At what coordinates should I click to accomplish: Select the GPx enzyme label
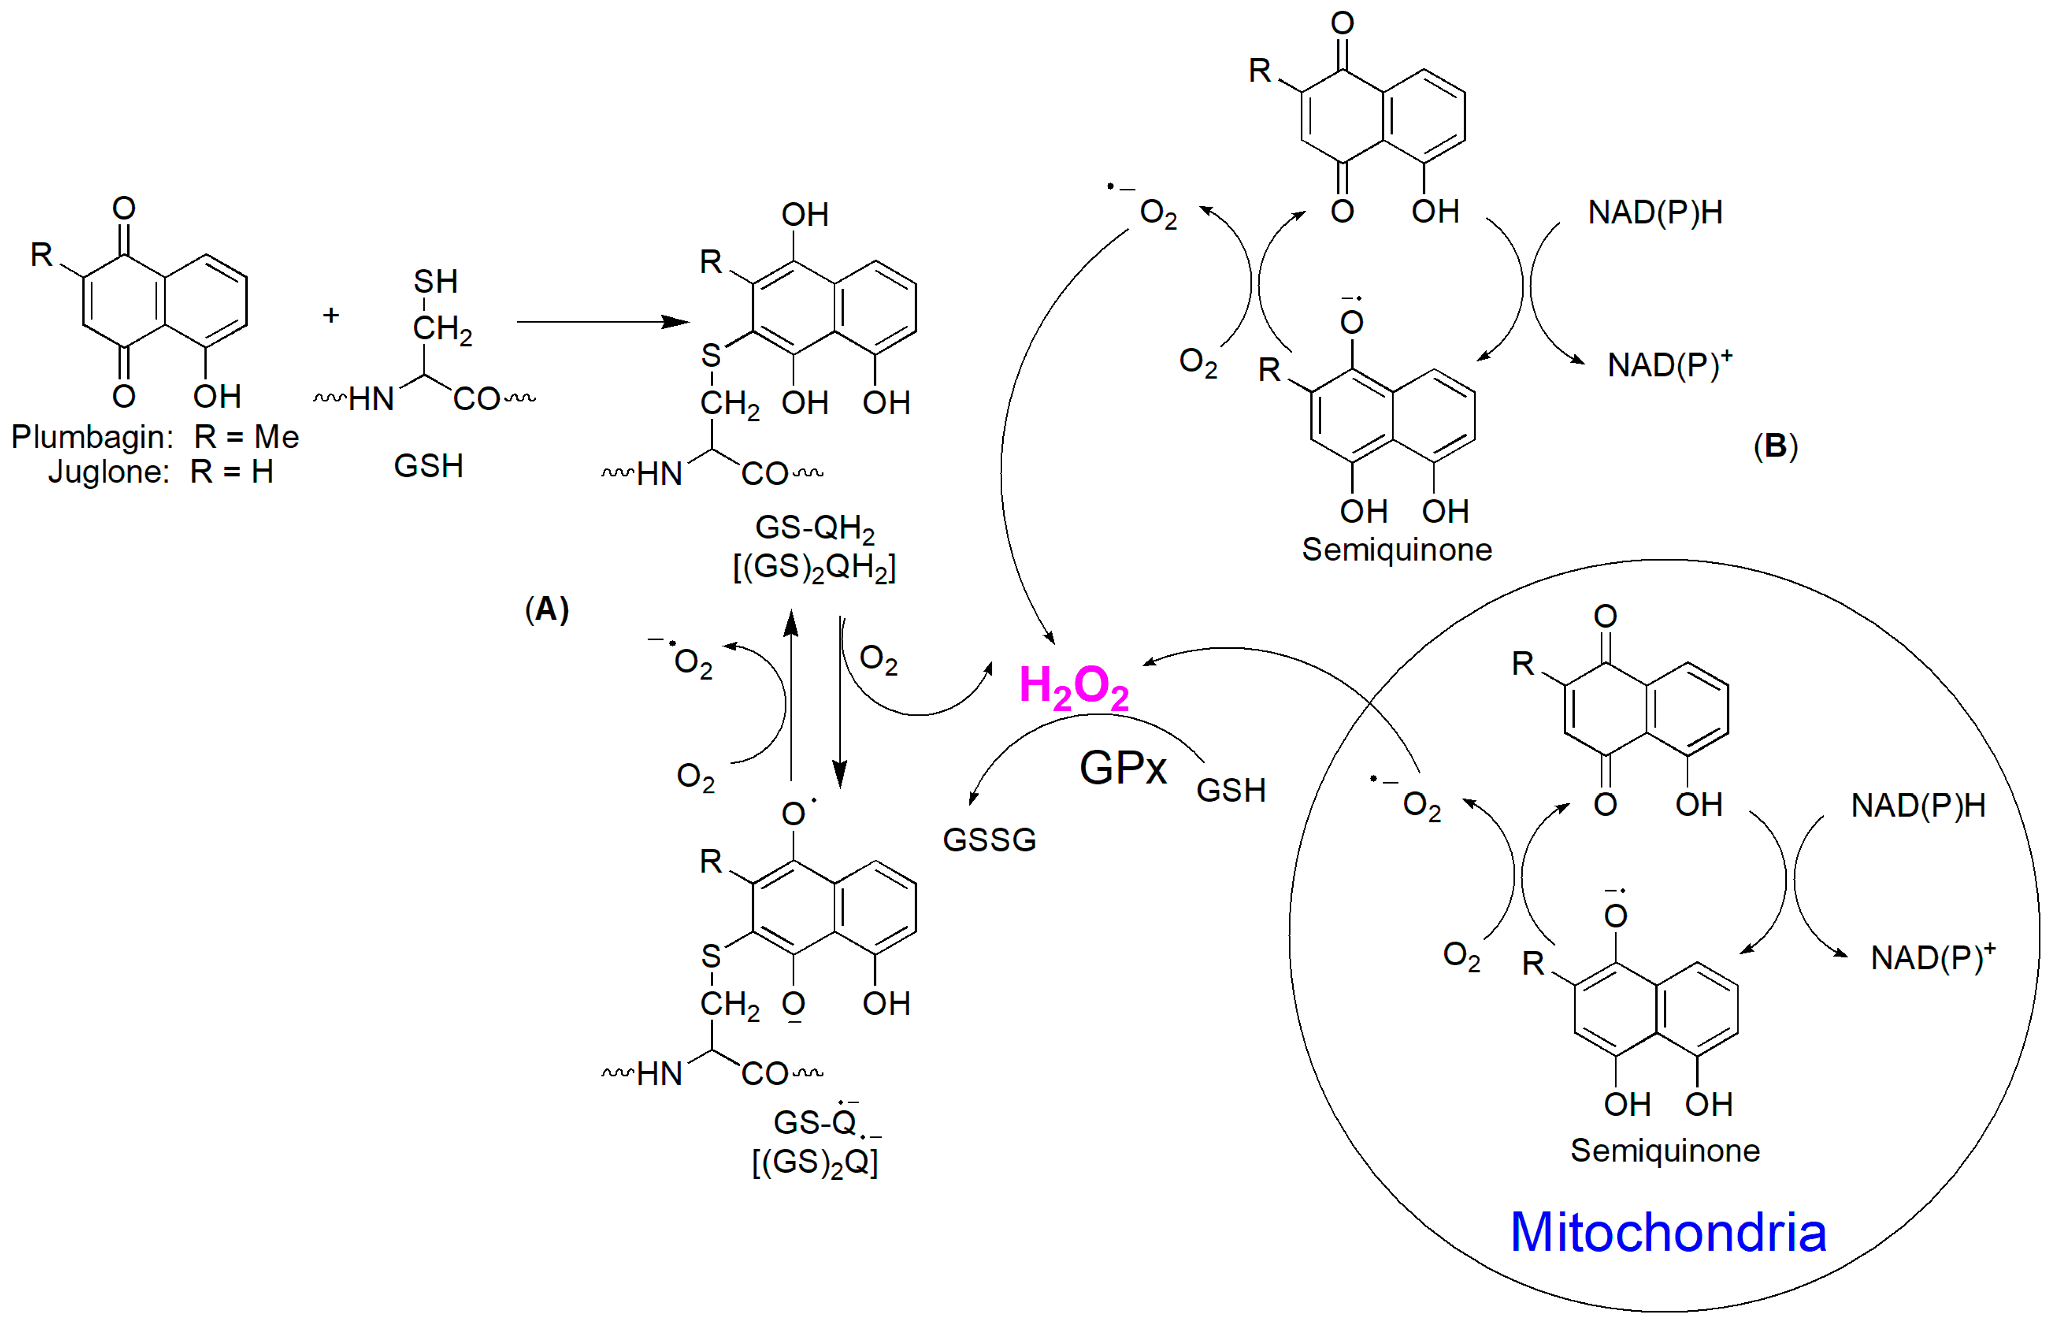click(x=1122, y=767)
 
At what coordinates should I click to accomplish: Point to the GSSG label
click(x=990, y=840)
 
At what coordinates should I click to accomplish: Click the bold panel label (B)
click(x=1775, y=446)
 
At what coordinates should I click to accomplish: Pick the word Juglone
click(x=109, y=472)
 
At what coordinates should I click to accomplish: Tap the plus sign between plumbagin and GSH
click(x=331, y=315)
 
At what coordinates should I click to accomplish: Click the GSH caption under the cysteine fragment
click(x=429, y=466)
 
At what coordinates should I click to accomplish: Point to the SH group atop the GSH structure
click(x=435, y=281)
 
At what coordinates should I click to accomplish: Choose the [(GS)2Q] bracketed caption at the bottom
click(x=815, y=1163)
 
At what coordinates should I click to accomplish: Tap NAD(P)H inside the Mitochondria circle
click(x=1918, y=806)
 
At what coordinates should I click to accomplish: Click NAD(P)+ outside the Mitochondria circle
click(x=1669, y=365)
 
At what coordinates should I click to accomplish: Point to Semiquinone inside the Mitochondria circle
click(x=1664, y=1150)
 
